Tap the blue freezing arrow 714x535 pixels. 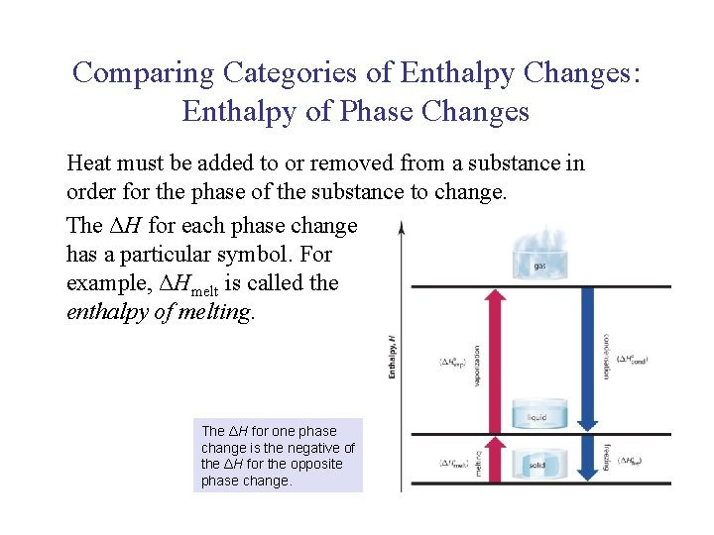point(588,464)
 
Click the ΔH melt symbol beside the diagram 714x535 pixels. point(454,463)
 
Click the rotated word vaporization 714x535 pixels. point(476,366)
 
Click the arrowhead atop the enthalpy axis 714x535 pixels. point(401,227)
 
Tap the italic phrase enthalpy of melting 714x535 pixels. point(161,313)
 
